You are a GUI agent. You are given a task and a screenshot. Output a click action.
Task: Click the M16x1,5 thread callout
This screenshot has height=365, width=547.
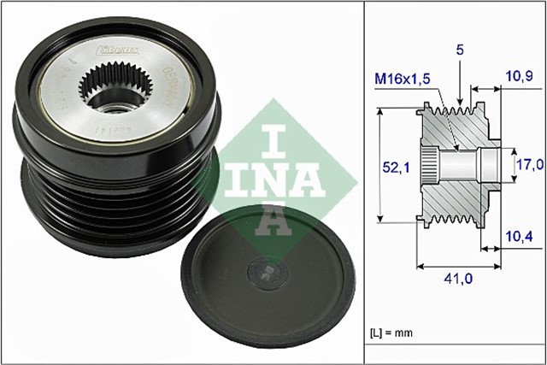pyautogui.click(x=403, y=80)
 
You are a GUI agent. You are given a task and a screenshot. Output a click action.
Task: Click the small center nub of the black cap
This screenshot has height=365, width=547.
pyautogui.click(x=264, y=273)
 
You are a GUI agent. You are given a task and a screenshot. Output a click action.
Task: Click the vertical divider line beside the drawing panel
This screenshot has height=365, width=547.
pyautogui.click(x=364, y=182)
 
